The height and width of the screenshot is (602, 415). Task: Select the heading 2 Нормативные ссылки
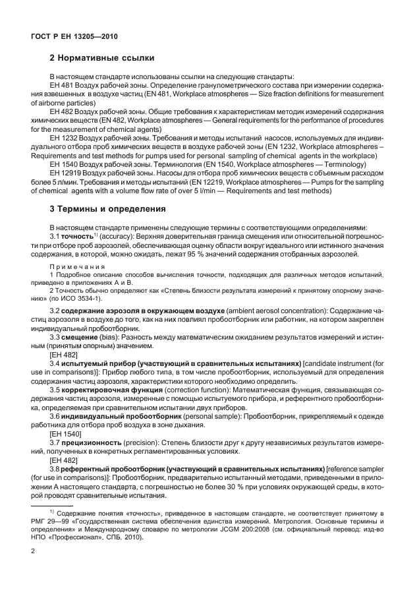coord(102,64)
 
